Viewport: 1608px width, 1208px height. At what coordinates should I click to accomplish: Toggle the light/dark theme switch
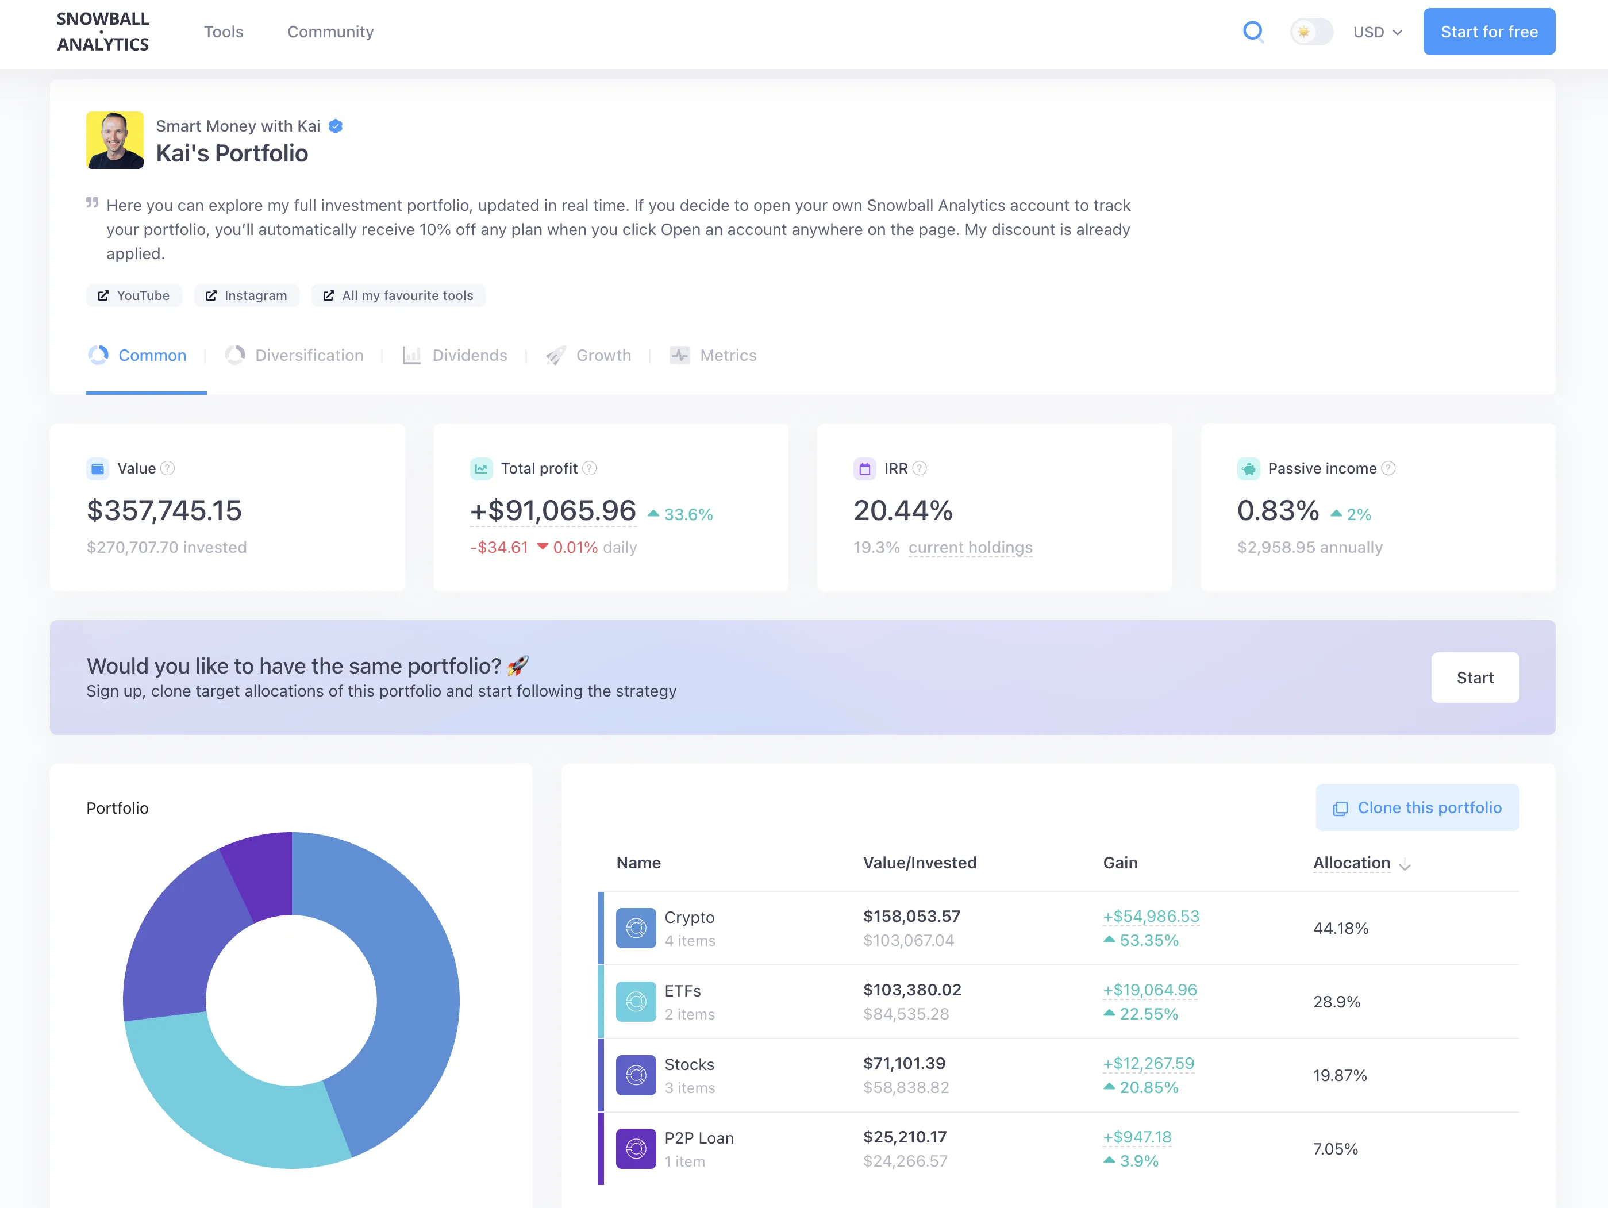[1311, 32]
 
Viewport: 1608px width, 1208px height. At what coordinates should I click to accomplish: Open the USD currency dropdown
[1377, 32]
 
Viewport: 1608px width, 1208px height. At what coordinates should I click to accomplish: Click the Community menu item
[330, 32]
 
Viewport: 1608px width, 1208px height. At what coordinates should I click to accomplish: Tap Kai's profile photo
[115, 140]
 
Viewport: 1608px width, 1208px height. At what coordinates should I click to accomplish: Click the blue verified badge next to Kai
[335, 126]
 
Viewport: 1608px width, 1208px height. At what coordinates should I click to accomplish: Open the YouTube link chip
[134, 295]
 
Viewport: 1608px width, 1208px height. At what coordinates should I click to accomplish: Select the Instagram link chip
[247, 295]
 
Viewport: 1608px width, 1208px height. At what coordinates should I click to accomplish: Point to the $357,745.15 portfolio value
[164, 510]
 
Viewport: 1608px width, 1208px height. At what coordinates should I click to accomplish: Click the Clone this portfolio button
[1416, 807]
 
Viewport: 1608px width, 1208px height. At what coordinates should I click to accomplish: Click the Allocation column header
[1351, 863]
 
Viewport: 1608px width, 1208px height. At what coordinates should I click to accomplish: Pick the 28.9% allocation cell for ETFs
[1336, 1002]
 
